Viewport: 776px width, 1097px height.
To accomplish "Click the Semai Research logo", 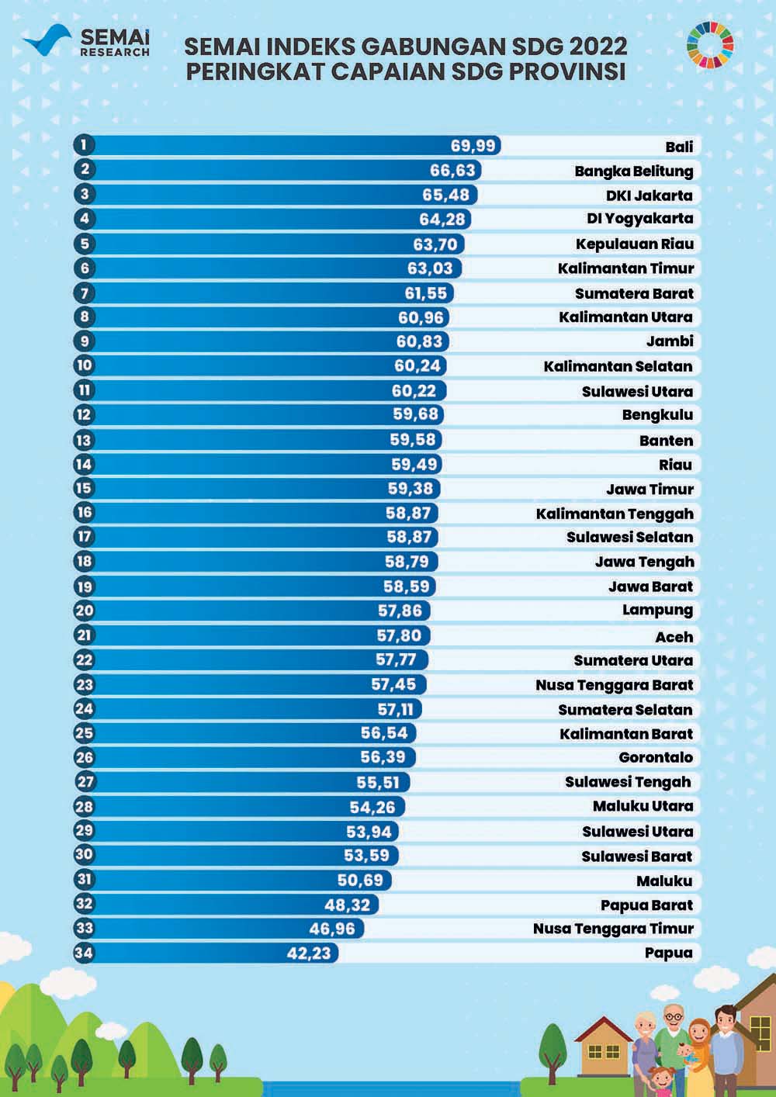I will click(85, 43).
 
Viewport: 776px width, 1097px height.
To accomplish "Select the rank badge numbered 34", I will click(84, 953).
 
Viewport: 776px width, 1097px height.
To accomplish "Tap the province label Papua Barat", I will click(646, 905).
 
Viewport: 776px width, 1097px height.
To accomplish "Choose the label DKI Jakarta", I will click(649, 195).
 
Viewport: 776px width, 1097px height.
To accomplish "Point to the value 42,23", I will click(309, 953).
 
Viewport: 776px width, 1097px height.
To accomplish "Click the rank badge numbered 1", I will click(84, 145).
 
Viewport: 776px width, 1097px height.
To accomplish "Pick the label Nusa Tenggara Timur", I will click(613, 929).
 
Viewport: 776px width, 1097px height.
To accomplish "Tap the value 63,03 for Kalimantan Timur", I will click(435, 268).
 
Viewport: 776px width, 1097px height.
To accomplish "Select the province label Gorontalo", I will click(656, 757).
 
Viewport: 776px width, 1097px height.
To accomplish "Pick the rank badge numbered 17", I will click(84, 537).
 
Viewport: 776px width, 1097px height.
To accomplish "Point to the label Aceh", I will click(674, 637).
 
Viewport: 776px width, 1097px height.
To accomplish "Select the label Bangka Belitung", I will click(633, 171).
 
